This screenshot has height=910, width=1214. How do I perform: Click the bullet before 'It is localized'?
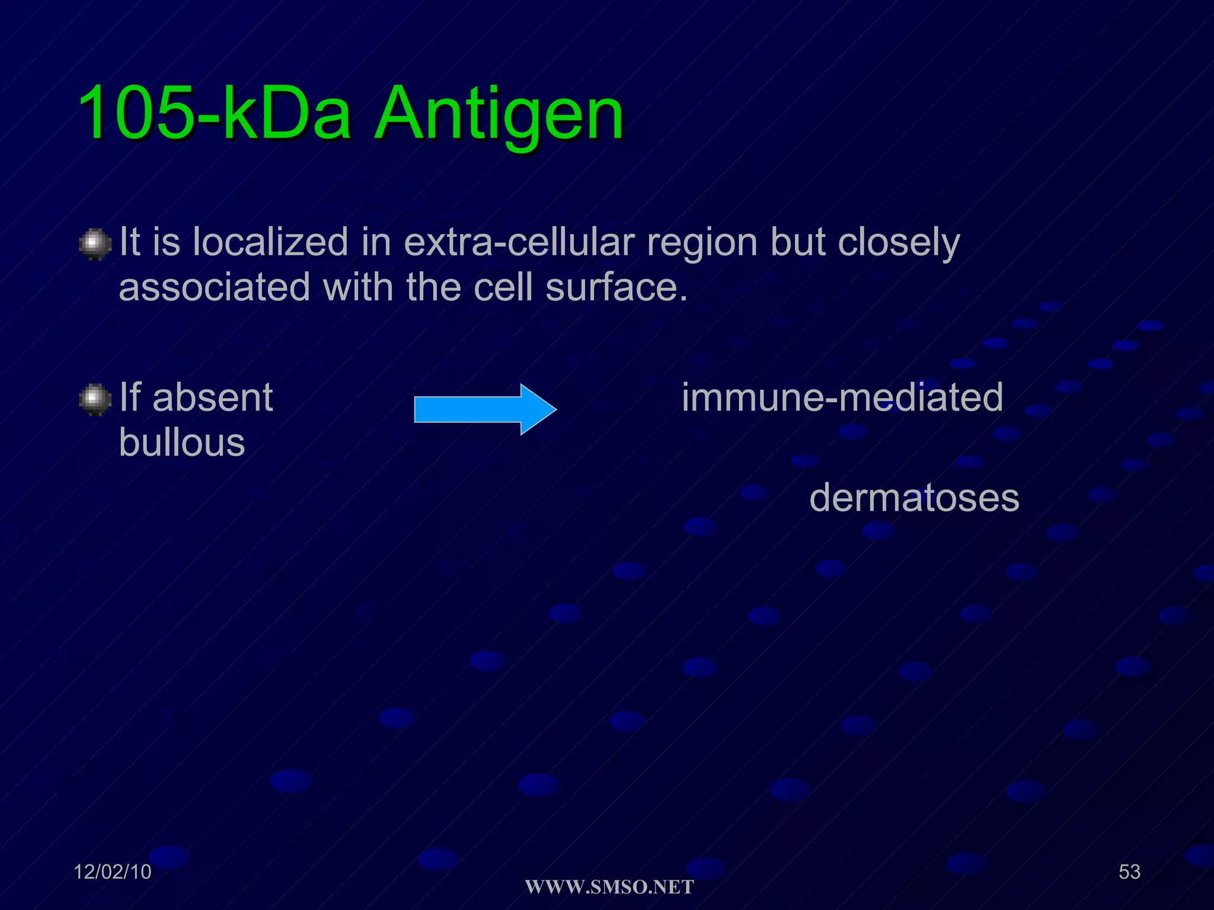[95, 244]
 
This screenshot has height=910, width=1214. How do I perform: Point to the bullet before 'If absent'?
[95, 399]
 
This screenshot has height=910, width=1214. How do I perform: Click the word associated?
[215, 287]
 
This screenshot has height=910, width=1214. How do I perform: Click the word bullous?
[182, 443]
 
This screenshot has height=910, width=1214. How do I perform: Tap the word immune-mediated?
[842, 397]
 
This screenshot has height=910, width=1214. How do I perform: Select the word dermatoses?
[914, 498]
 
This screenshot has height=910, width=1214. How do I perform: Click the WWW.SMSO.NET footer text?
[609, 887]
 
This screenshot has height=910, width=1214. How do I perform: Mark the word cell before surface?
[503, 287]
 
